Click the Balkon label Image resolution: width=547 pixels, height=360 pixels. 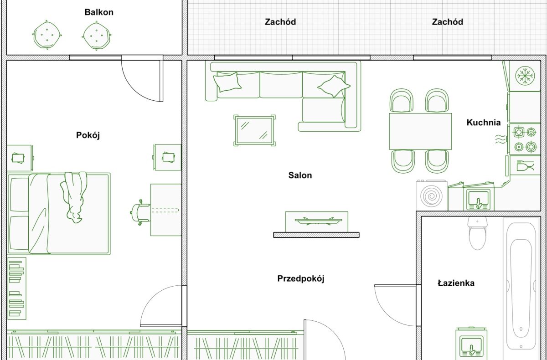coord(99,12)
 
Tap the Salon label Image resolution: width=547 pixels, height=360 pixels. coord(300,175)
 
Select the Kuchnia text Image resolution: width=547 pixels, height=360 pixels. coord(484,122)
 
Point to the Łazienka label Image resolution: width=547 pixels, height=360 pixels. coord(456,283)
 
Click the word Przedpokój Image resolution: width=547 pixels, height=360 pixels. coord(300,279)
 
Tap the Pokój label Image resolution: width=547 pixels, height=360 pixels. coord(88,135)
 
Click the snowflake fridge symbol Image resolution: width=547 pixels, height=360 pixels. coord(525,75)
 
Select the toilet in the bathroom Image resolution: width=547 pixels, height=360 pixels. coord(477,233)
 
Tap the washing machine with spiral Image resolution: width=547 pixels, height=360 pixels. coord(432,195)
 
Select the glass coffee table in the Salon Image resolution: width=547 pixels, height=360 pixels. coord(254,131)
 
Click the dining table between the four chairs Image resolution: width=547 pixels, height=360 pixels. coord(420,131)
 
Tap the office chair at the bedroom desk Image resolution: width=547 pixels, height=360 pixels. coord(140,212)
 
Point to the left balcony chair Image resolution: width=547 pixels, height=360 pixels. coord(47,35)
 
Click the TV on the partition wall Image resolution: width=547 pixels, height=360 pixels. coord(317,221)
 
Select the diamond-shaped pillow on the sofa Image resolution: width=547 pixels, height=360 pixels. coord(334,86)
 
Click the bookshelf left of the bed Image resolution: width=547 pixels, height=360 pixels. coord(17,288)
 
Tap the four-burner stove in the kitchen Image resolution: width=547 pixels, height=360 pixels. coord(525,139)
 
